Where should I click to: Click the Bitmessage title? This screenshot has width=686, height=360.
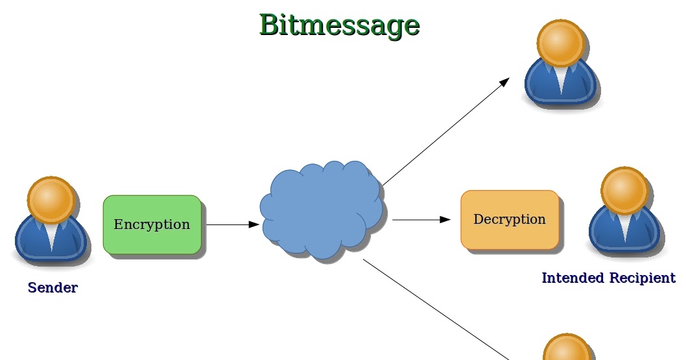pyautogui.click(x=340, y=25)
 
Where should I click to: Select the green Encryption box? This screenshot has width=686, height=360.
pyautogui.click(x=152, y=224)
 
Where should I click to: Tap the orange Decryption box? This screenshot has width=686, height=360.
pyautogui.click(x=510, y=220)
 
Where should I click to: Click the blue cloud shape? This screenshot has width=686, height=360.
pyautogui.click(x=322, y=210)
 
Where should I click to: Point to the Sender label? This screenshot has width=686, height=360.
pyautogui.click(x=53, y=287)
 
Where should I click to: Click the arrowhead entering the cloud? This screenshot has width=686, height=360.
pyautogui.click(x=254, y=224)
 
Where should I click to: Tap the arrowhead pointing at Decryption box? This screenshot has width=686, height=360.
pyautogui.click(x=445, y=220)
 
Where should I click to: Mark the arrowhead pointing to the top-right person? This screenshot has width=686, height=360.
pyautogui.click(x=505, y=81)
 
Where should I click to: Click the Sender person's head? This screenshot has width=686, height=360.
pyautogui.click(x=51, y=200)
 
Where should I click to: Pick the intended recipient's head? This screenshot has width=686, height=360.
pyautogui.click(x=625, y=190)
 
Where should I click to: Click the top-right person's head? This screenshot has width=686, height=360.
pyautogui.click(x=560, y=43)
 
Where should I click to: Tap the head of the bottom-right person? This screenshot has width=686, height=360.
pyautogui.click(x=567, y=348)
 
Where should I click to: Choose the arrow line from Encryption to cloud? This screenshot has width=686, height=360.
pyautogui.click(x=233, y=224)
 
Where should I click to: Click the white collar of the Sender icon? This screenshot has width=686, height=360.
pyautogui.click(x=51, y=236)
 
